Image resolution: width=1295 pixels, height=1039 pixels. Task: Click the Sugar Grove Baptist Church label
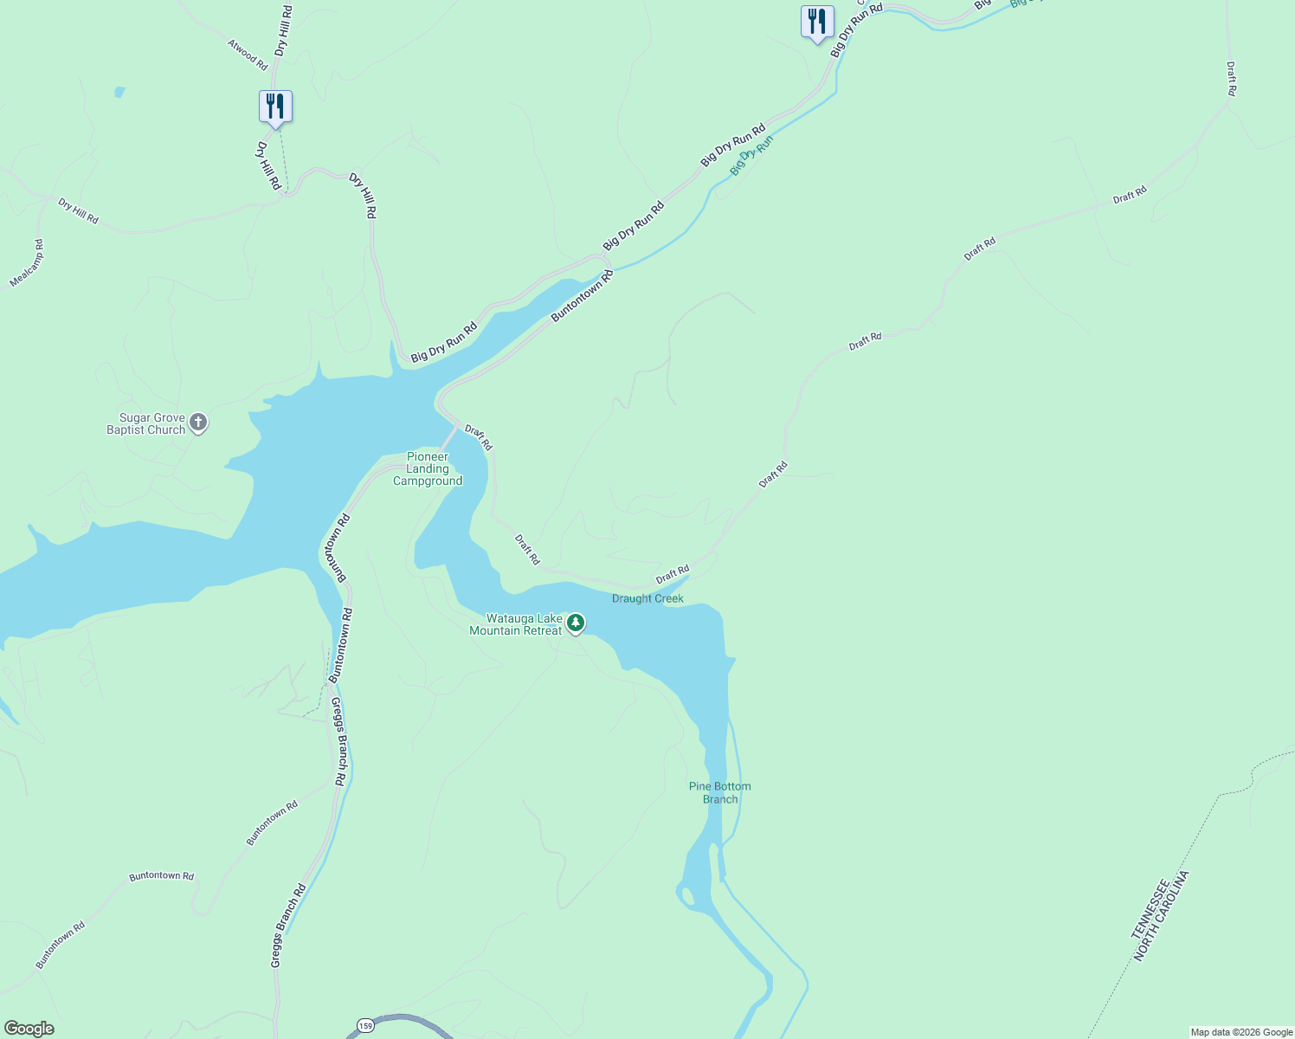146,424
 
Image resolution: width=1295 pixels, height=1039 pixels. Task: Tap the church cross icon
198,423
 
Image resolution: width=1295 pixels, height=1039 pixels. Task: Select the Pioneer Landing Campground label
428,469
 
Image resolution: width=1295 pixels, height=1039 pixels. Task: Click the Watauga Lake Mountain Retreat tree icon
576,623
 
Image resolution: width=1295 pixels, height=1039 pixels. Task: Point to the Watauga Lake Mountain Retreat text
516,624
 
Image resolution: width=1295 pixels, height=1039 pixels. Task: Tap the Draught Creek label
647,598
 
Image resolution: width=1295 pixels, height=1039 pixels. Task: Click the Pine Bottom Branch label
720,793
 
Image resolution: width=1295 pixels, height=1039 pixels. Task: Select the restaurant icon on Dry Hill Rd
275,107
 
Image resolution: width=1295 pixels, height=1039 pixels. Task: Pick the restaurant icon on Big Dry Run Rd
817,22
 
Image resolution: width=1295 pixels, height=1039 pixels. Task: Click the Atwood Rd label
248,53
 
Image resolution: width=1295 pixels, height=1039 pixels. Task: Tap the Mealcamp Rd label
27,263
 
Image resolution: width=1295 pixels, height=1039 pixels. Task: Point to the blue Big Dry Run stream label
751,156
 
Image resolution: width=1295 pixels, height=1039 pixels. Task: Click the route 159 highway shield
365,1026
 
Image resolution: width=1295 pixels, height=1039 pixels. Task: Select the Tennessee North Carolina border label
1161,916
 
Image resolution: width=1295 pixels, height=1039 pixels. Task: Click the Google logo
29,1029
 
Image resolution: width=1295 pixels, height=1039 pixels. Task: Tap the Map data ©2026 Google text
1241,1032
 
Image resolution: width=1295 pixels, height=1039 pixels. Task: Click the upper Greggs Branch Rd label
340,742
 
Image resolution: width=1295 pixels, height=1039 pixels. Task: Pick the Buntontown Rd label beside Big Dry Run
583,296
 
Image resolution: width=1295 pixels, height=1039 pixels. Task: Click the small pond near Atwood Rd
119,92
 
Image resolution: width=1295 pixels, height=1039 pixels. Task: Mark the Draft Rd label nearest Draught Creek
673,573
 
